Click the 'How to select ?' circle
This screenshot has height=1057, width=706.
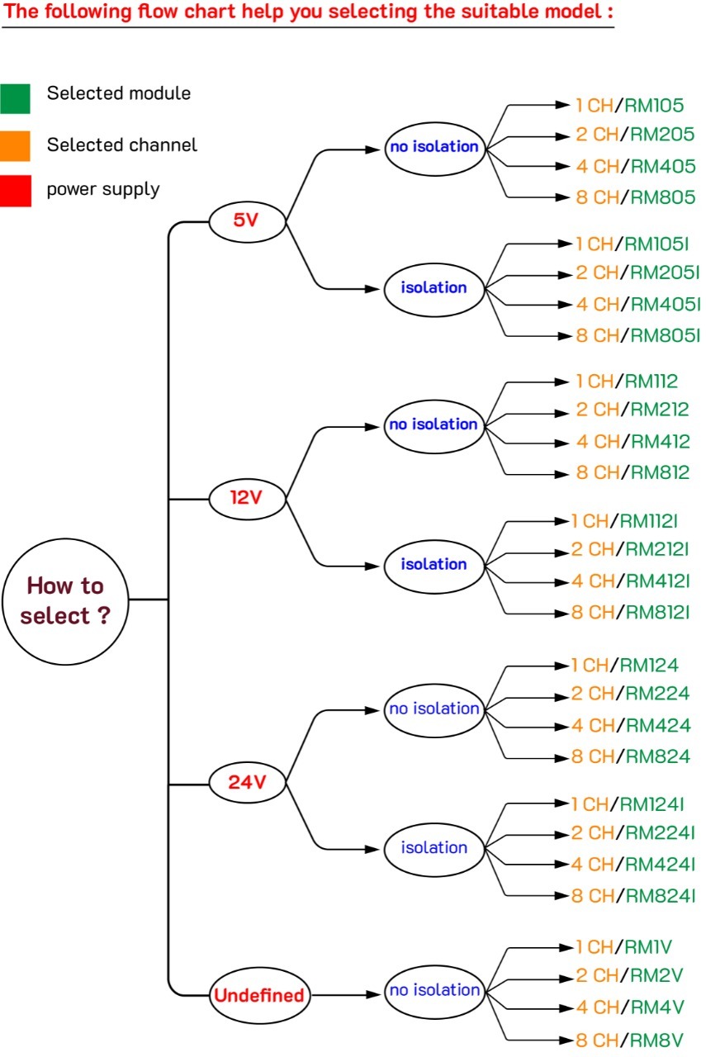65,600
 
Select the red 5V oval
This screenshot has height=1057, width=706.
246,220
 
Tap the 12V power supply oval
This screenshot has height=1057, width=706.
246,498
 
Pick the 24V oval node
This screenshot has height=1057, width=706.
246,781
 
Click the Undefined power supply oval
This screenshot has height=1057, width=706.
259,995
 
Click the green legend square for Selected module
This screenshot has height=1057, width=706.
15,98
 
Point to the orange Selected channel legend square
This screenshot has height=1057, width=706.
15,145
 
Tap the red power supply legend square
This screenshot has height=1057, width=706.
15,191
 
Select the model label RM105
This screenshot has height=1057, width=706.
654,105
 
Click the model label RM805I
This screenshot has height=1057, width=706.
662,334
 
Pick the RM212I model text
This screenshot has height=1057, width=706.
657,549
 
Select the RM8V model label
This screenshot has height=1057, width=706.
654,1040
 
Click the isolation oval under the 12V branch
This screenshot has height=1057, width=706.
434,564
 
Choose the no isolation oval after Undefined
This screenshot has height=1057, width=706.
434,989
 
